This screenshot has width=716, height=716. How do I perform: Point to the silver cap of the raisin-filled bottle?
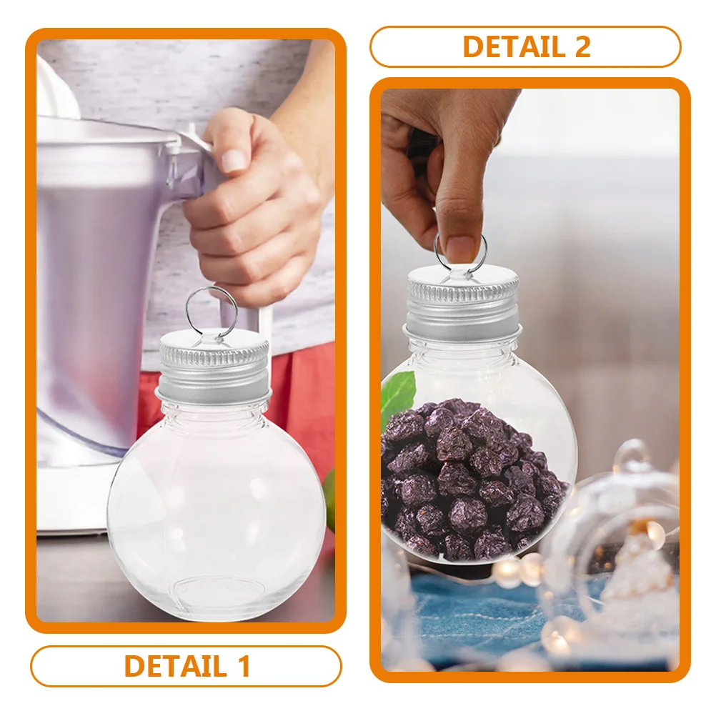pos(462,307)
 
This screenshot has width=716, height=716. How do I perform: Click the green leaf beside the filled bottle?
pos(397,397)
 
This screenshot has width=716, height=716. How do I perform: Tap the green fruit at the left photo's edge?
pos(329,500)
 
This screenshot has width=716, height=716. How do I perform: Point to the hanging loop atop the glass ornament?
pos(632,454)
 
